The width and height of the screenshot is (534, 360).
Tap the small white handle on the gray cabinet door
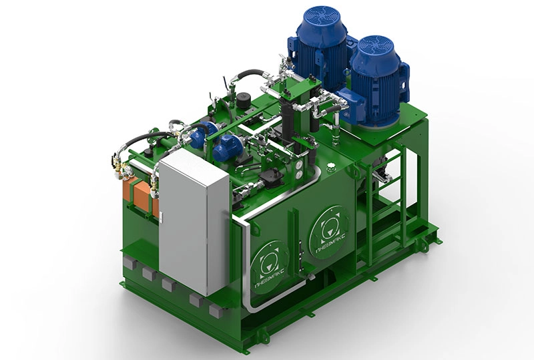click(161, 217)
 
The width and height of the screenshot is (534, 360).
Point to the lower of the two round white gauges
click(299, 175)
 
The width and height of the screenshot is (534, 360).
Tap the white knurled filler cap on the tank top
click(330, 168)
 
